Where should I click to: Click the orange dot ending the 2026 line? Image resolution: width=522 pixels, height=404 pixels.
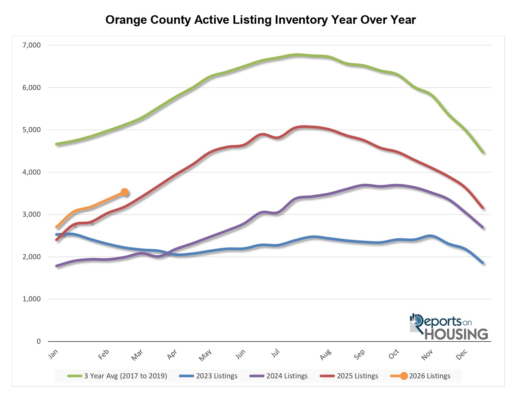[x=125, y=192]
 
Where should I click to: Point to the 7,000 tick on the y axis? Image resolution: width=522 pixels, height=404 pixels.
[x=32, y=45]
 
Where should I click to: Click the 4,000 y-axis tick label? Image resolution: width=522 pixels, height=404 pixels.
[x=32, y=172]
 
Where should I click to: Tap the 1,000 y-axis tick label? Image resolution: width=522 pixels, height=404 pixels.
[x=32, y=299]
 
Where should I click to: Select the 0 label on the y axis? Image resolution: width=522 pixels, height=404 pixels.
[x=39, y=342]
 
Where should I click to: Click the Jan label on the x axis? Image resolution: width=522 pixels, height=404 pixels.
[x=53, y=355]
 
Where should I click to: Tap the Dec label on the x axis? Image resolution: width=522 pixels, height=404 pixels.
[x=462, y=355]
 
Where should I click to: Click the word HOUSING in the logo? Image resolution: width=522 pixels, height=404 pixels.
[x=456, y=334]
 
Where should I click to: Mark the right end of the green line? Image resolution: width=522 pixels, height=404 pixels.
[x=483, y=152]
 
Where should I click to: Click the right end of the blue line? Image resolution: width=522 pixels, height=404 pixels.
[x=483, y=263]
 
